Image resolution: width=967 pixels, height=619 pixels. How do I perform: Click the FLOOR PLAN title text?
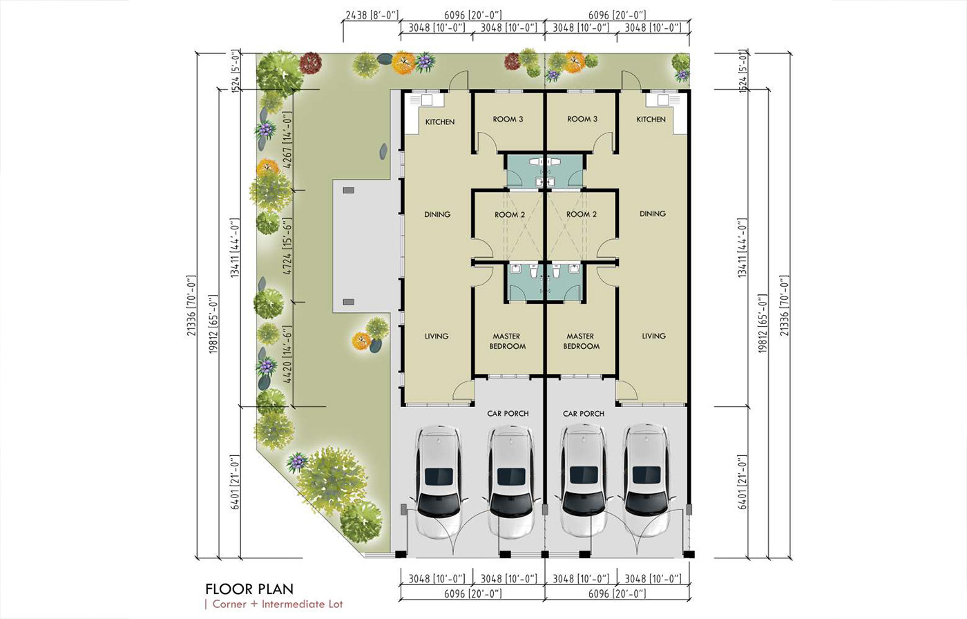point(249,589)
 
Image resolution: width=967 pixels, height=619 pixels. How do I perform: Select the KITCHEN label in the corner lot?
point(440,122)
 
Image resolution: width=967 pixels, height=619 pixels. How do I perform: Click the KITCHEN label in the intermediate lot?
point(651,119)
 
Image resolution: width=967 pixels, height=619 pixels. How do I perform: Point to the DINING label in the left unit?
point(437,215)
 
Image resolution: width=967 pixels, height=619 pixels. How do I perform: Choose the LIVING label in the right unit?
point(653,336)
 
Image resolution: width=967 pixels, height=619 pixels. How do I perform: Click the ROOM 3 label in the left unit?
point(508,119)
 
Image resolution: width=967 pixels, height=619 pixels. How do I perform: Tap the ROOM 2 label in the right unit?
point(582,215)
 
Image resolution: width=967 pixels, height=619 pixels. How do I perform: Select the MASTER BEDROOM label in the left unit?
point(507,341)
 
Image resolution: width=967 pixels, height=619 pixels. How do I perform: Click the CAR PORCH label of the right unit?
point(584,414)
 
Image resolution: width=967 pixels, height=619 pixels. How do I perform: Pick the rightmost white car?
point(647,480)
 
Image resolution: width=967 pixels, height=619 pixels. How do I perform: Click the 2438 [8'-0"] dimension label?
point(372,15)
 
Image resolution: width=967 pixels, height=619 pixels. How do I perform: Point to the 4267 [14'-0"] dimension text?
point(287,140)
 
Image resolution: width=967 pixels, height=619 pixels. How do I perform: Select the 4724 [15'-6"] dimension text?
point(287,246)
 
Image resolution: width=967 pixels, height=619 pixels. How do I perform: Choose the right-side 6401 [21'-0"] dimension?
point(742,482)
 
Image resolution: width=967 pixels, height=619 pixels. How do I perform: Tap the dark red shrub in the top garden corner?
point(311,64)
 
